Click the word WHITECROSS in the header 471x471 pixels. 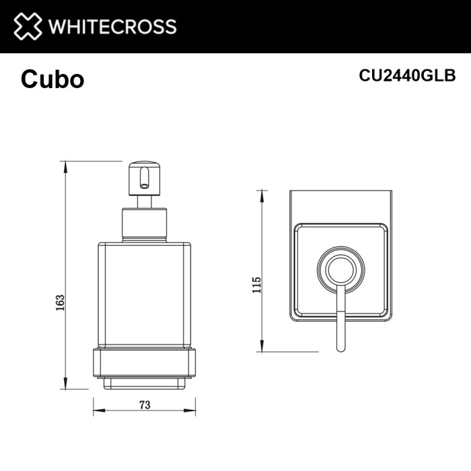click(112, 27)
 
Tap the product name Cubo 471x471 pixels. click(52, 79)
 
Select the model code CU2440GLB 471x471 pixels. click(408, 75)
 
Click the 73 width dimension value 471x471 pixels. click(144, 404)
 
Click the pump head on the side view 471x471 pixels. click(143, 176)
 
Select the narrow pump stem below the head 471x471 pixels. click(143, 202)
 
